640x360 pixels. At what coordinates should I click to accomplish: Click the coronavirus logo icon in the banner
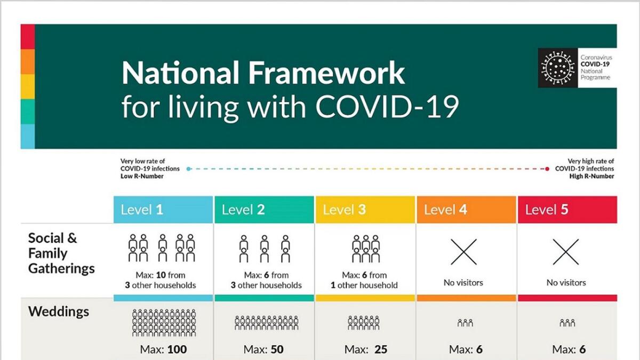[x=558, y=68]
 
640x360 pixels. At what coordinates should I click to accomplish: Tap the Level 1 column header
[x=163, y=210]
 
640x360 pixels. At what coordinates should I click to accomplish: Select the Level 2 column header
[x=265, y=210]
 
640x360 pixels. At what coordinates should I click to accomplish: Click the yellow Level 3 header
[x=365, y=210]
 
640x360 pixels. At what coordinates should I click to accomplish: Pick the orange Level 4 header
[x=466, y=210]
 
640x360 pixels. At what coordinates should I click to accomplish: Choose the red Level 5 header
[x=567, y=210]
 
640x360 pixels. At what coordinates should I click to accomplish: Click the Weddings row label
[x=59, y=311]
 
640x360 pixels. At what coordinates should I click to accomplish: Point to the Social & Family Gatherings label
[x=61, y=253]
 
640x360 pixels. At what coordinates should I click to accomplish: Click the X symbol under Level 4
[x=463, y=252]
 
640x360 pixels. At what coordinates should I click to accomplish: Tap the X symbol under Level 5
[x=566, y=252]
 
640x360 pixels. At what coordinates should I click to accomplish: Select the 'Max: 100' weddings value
[x=163, y=349]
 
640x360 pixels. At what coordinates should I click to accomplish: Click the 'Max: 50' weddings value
[x=263, y=349]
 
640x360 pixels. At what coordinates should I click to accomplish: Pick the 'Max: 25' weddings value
[x=366, y=349]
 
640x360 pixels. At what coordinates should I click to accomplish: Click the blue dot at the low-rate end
[x=188, y=169]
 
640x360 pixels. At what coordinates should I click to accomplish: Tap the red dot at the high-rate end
[x=547, y=169]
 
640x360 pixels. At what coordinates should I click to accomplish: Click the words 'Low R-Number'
[x=142, y=177]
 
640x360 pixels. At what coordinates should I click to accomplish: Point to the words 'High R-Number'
[x=591, y=177]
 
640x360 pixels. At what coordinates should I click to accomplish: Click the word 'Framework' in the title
[x=326, y=73]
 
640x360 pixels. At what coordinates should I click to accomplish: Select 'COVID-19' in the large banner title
[x=387, y=106]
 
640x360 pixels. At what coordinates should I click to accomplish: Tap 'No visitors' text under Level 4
[x=463, y=283]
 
